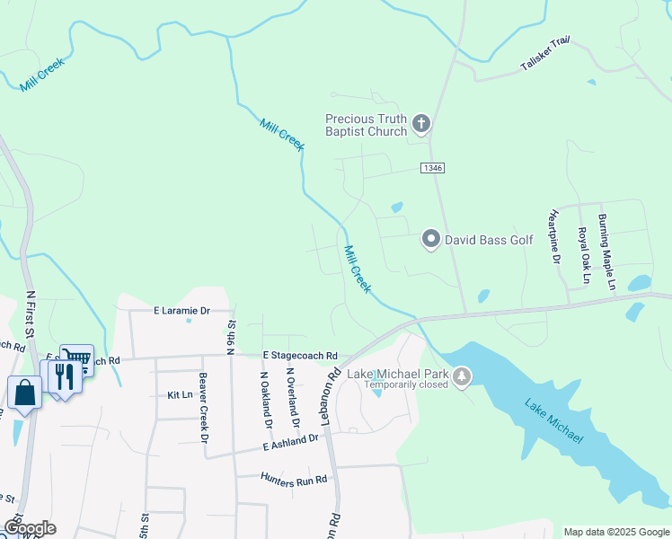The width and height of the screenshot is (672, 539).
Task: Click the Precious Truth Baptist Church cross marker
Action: click(420, 123)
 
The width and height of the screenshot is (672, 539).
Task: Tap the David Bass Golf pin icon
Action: click(431, 239)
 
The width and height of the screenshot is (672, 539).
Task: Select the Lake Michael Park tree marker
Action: click(462, 376)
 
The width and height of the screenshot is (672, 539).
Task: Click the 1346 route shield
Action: click(432, 168)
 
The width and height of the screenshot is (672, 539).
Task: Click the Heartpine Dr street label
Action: click(553, 237)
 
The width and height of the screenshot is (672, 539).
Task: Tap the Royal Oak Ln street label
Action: click(583, 255)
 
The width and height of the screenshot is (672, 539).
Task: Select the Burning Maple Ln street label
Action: click(606, 252)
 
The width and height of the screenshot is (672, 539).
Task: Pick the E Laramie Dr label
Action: click(181, 311)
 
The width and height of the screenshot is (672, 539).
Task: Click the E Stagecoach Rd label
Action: click(300, 356)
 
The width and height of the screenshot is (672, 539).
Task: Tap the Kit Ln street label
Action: click(180, 394)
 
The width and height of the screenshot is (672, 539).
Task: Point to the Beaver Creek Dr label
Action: click(203, 407)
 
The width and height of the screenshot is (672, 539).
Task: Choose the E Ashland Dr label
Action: click(291, 441)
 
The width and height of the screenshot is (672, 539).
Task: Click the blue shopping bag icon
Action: click(24, 393)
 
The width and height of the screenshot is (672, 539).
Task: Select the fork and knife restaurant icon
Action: click(64, 376)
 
